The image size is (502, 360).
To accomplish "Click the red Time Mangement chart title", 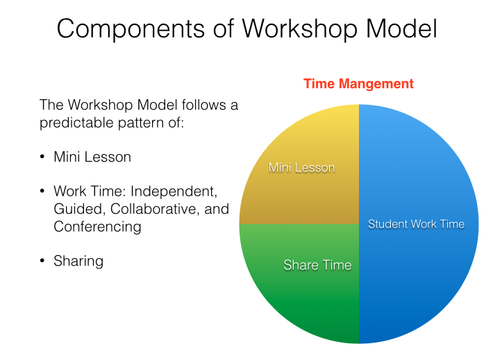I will [358, 84].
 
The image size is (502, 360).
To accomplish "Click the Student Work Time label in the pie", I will [416, 224].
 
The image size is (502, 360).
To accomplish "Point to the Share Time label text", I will [317, 265].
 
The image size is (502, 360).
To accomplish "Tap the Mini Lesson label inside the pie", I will [301, 168].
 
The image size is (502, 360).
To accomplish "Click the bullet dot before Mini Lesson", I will [43, 157].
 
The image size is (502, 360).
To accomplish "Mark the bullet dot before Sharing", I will [43, 262].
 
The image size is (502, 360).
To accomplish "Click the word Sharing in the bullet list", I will [78, 262].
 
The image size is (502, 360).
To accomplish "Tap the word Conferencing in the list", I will [97, 227].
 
